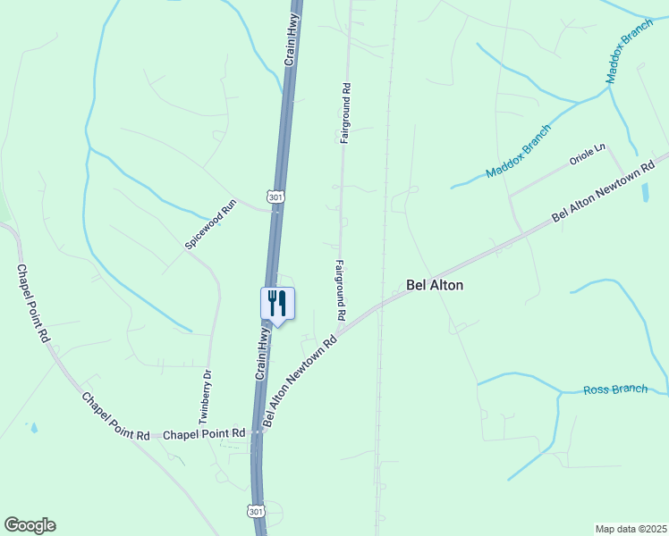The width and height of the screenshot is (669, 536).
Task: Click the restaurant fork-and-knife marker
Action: point(277,304)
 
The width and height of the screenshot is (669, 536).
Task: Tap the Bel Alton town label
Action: point(435,285)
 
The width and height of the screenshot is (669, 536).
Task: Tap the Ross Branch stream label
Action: point(615,389)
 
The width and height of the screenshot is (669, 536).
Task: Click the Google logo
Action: point(30,525)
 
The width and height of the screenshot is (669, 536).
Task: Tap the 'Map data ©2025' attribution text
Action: point(631,528)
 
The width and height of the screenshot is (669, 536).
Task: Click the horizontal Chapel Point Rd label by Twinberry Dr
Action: point(204,433)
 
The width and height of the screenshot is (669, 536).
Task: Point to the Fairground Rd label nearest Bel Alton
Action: point(341,290)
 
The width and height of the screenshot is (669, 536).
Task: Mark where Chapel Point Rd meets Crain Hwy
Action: point(257,432)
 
